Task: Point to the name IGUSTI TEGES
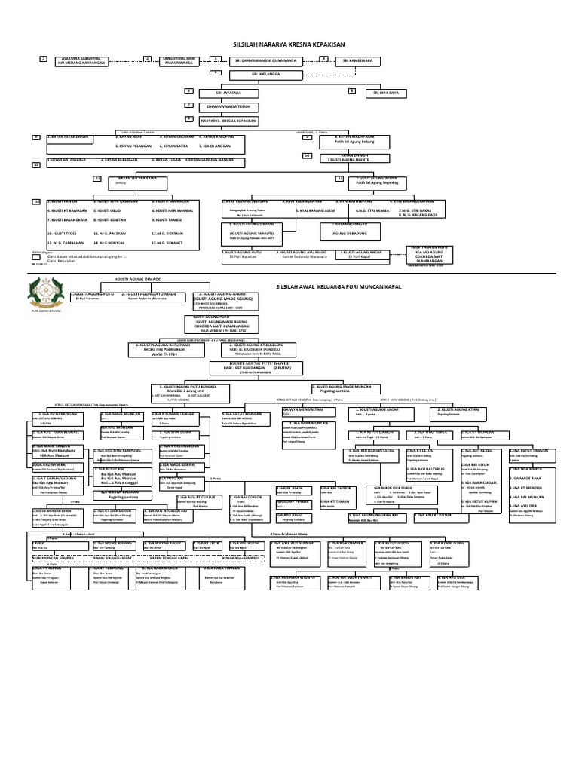point(64,234)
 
